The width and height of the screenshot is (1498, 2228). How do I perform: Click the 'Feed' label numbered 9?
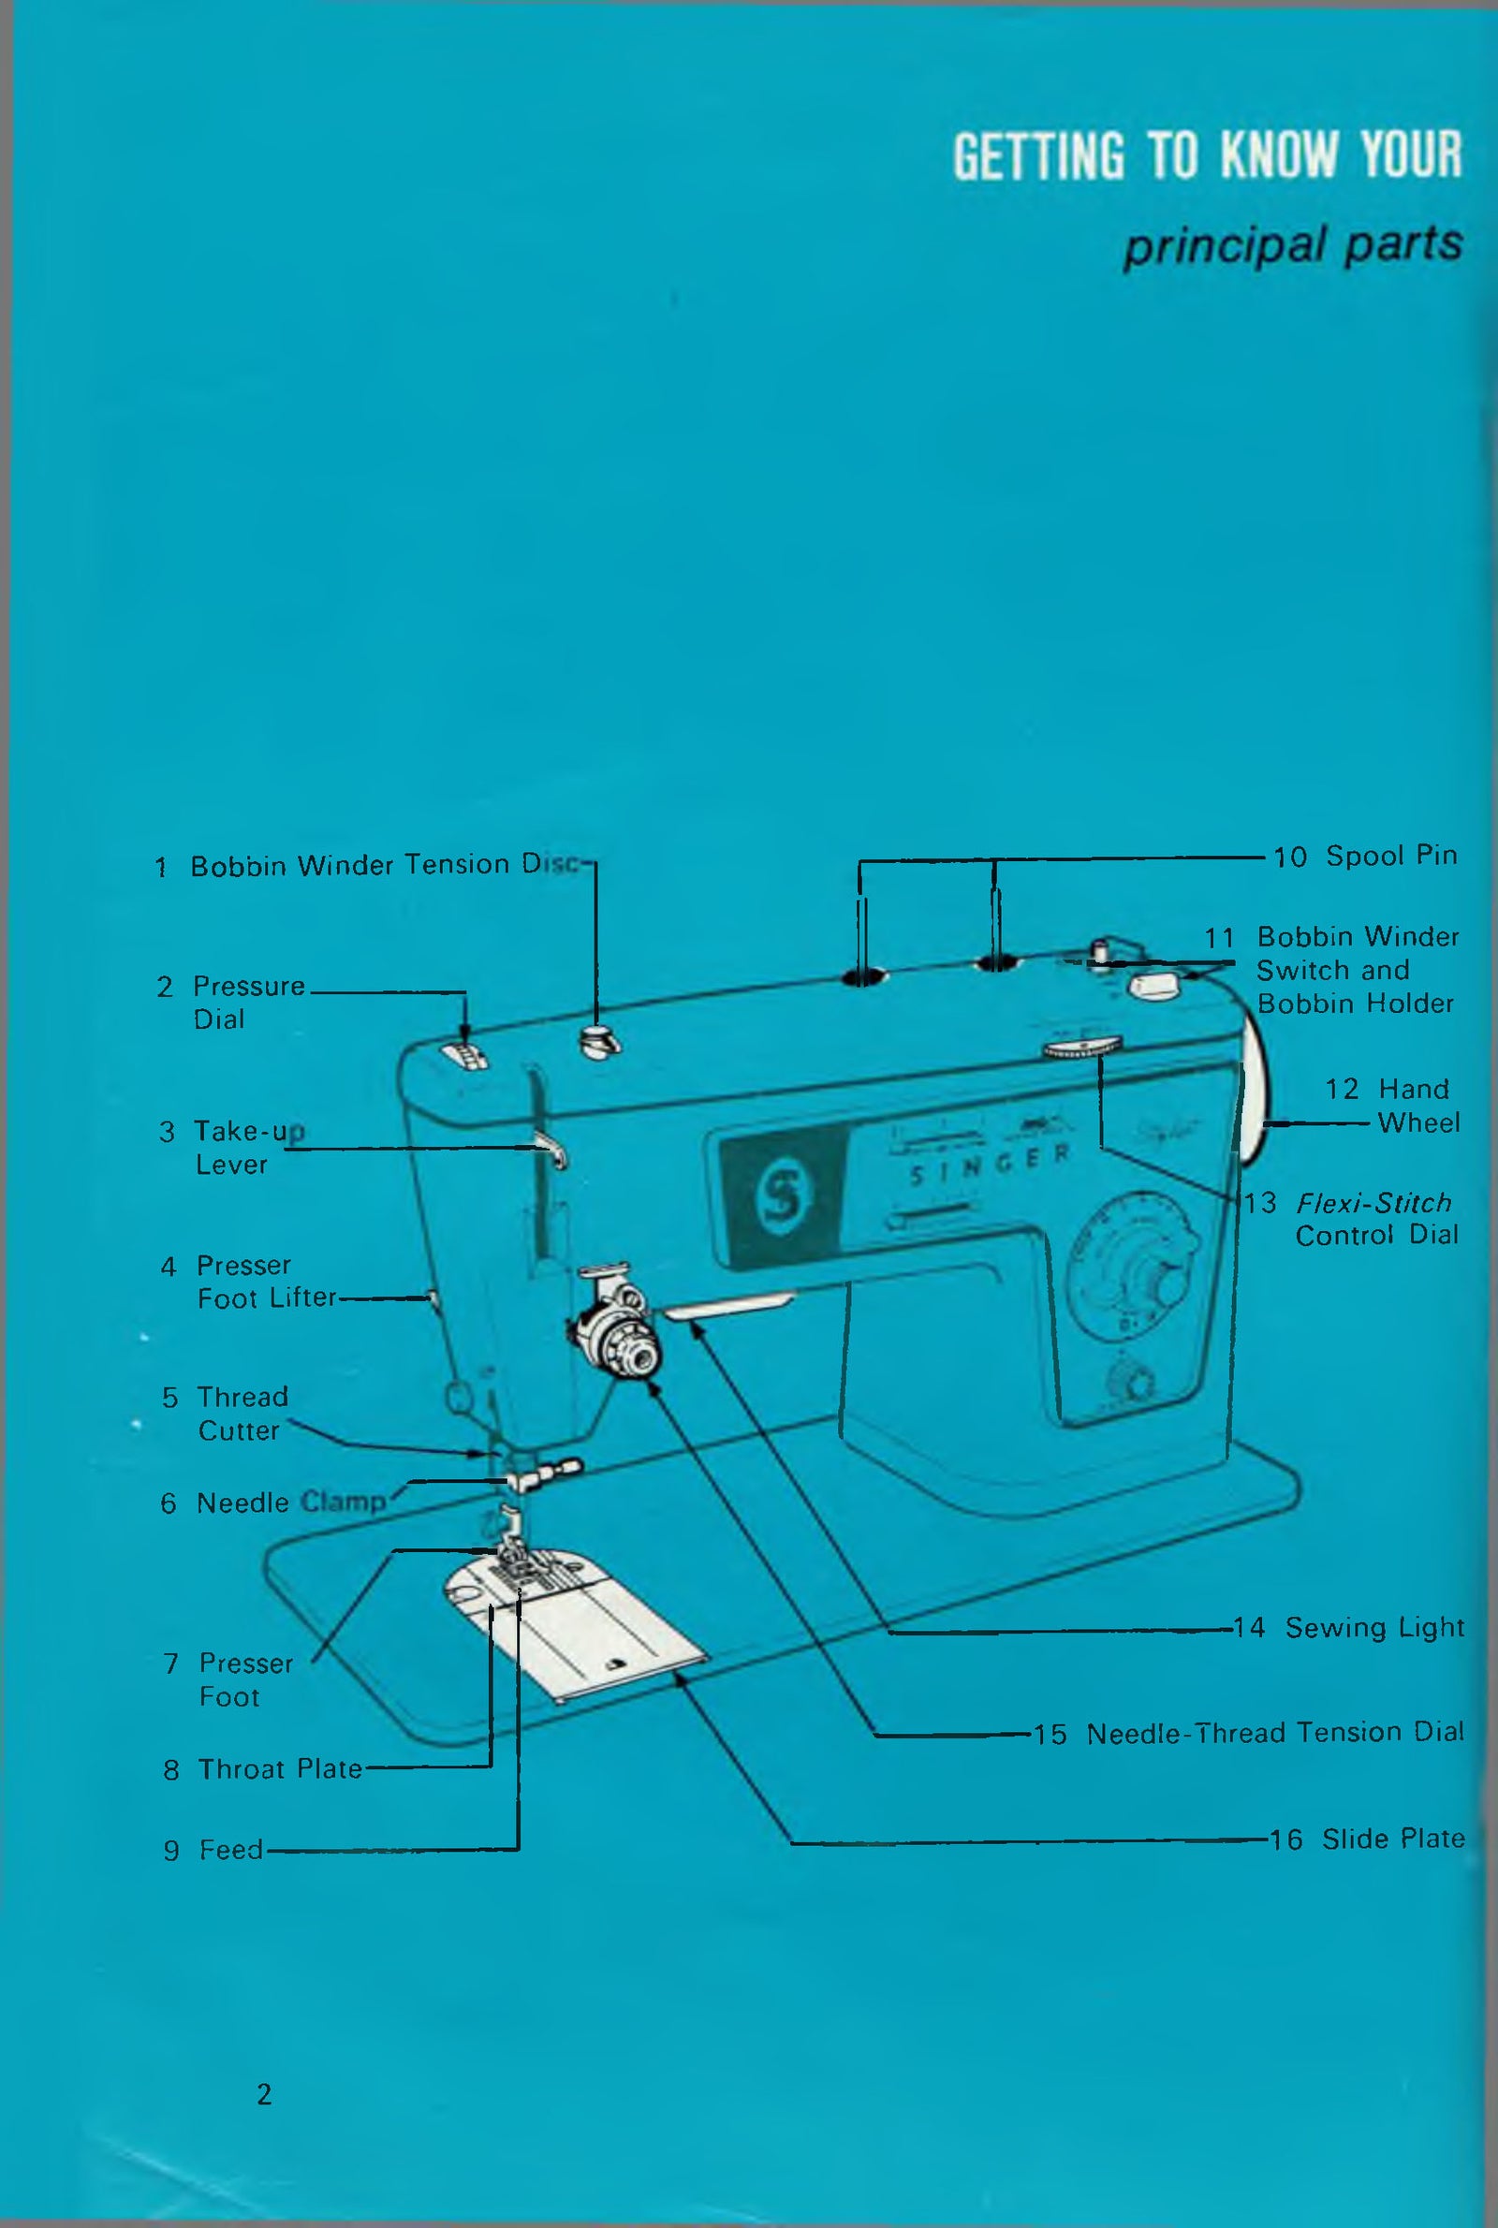pyautogui.click(x=230, y=1850)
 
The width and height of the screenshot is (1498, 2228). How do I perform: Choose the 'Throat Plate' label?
pyautogui.click(x=279, y=1769)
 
